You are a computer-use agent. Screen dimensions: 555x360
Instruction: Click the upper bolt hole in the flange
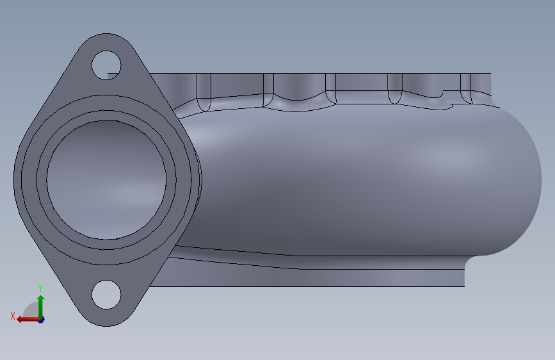coord(106,65)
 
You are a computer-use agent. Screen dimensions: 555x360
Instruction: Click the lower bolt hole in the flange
coord(106,295)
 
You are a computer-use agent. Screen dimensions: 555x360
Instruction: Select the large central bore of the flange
coord(106,179)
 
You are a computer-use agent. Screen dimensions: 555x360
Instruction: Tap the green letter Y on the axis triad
coord(40,288)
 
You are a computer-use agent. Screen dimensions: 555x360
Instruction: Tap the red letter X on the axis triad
coord(13,316)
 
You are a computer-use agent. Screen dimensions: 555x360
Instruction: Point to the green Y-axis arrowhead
coord(41,299)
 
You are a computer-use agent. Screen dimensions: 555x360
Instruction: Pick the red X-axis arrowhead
coord(20,320)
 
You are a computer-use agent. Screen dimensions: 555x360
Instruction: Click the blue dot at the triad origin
coord(41,320)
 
